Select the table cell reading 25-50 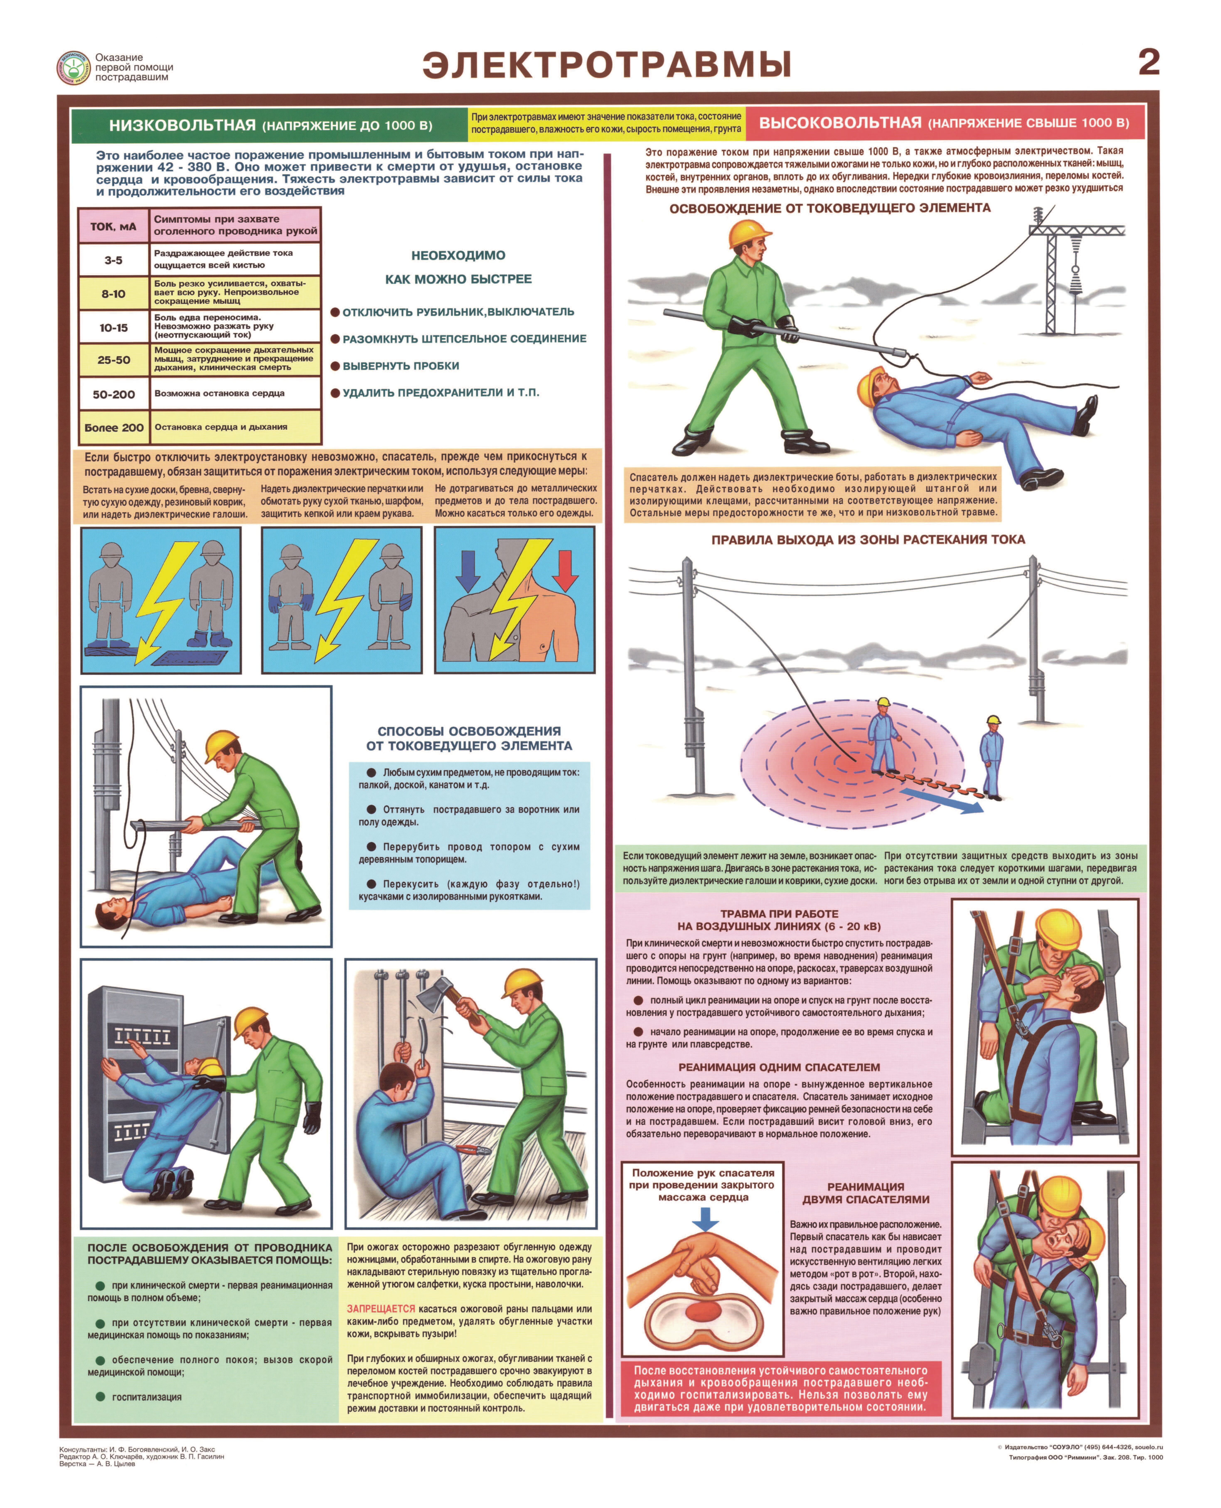[114, 360]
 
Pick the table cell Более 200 [114, 427]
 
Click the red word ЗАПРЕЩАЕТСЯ [380, 1309]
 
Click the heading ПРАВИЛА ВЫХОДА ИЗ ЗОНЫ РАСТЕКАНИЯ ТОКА [868, 540]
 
